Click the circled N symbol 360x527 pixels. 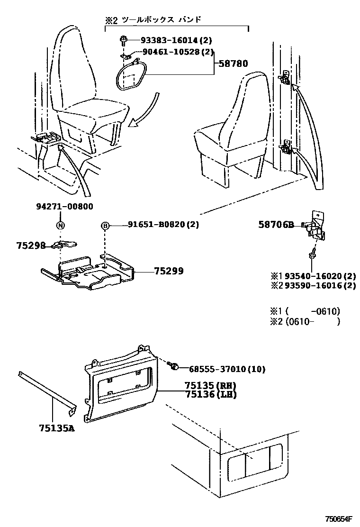[x=60, y=225]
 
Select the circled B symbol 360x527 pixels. [x=106, y=225]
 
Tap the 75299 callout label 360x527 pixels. [x=169, y=271]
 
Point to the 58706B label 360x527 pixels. [x=276, y=225]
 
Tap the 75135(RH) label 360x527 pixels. [x=210, y=385]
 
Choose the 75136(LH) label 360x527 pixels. [x=210, y=394]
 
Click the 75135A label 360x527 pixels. [x=57, y=428]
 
